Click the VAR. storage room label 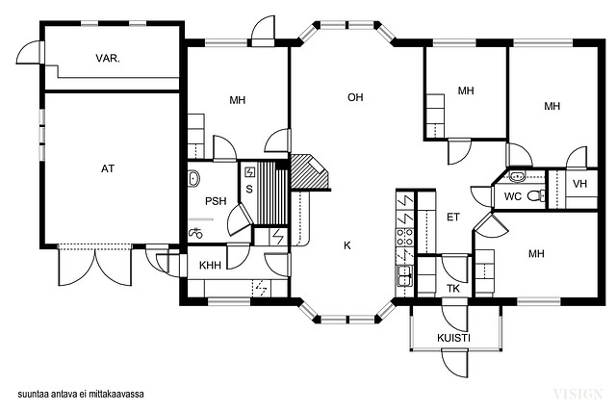(108, 59)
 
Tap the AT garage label (108, 168)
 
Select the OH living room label (355, 97)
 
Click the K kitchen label (346, 245)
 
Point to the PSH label (216, 201)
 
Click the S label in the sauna (249, 189)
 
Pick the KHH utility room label (210, 266)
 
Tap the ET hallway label (453, 217)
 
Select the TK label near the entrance (453, 289)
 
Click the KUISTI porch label (453, 338)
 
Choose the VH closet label (579, 184)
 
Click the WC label (513, 196)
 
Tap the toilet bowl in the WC (536, 195)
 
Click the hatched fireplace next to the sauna (309, 171)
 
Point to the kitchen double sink (404, 274)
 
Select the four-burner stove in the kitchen (404, 237)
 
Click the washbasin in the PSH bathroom (193, 178)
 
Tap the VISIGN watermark (577, 394)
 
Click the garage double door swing (95, 265)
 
